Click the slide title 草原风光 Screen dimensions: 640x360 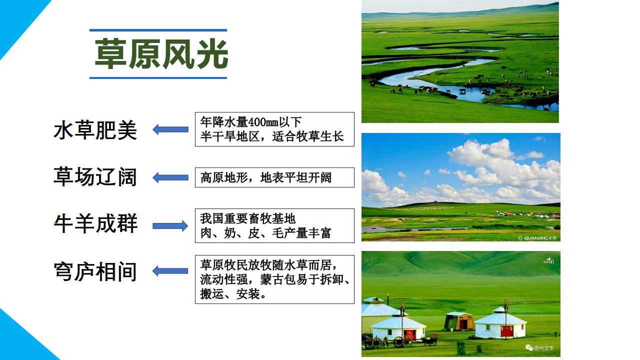(161, 54)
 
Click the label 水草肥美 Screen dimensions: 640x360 (95, 130)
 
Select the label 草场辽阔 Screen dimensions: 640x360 (95, 177)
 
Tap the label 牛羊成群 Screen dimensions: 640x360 (95, 223)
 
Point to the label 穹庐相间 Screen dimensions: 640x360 (95, 271)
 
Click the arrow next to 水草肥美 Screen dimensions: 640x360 (170, 129)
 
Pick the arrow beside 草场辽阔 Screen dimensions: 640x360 (170, 177)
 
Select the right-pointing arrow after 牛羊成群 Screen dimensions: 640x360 (170, 226)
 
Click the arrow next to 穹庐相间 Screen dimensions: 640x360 (170, 271)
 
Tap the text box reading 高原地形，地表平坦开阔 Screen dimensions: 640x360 (274, 177)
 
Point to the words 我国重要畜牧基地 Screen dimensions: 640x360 (247, 218)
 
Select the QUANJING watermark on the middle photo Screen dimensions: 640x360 (537, 238)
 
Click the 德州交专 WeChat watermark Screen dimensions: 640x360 (539, 347)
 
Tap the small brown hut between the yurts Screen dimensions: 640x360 (459, 321)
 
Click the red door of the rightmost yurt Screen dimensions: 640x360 (507, 331)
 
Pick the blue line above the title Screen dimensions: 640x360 (158, 30)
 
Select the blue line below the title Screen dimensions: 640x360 (158, 77)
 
